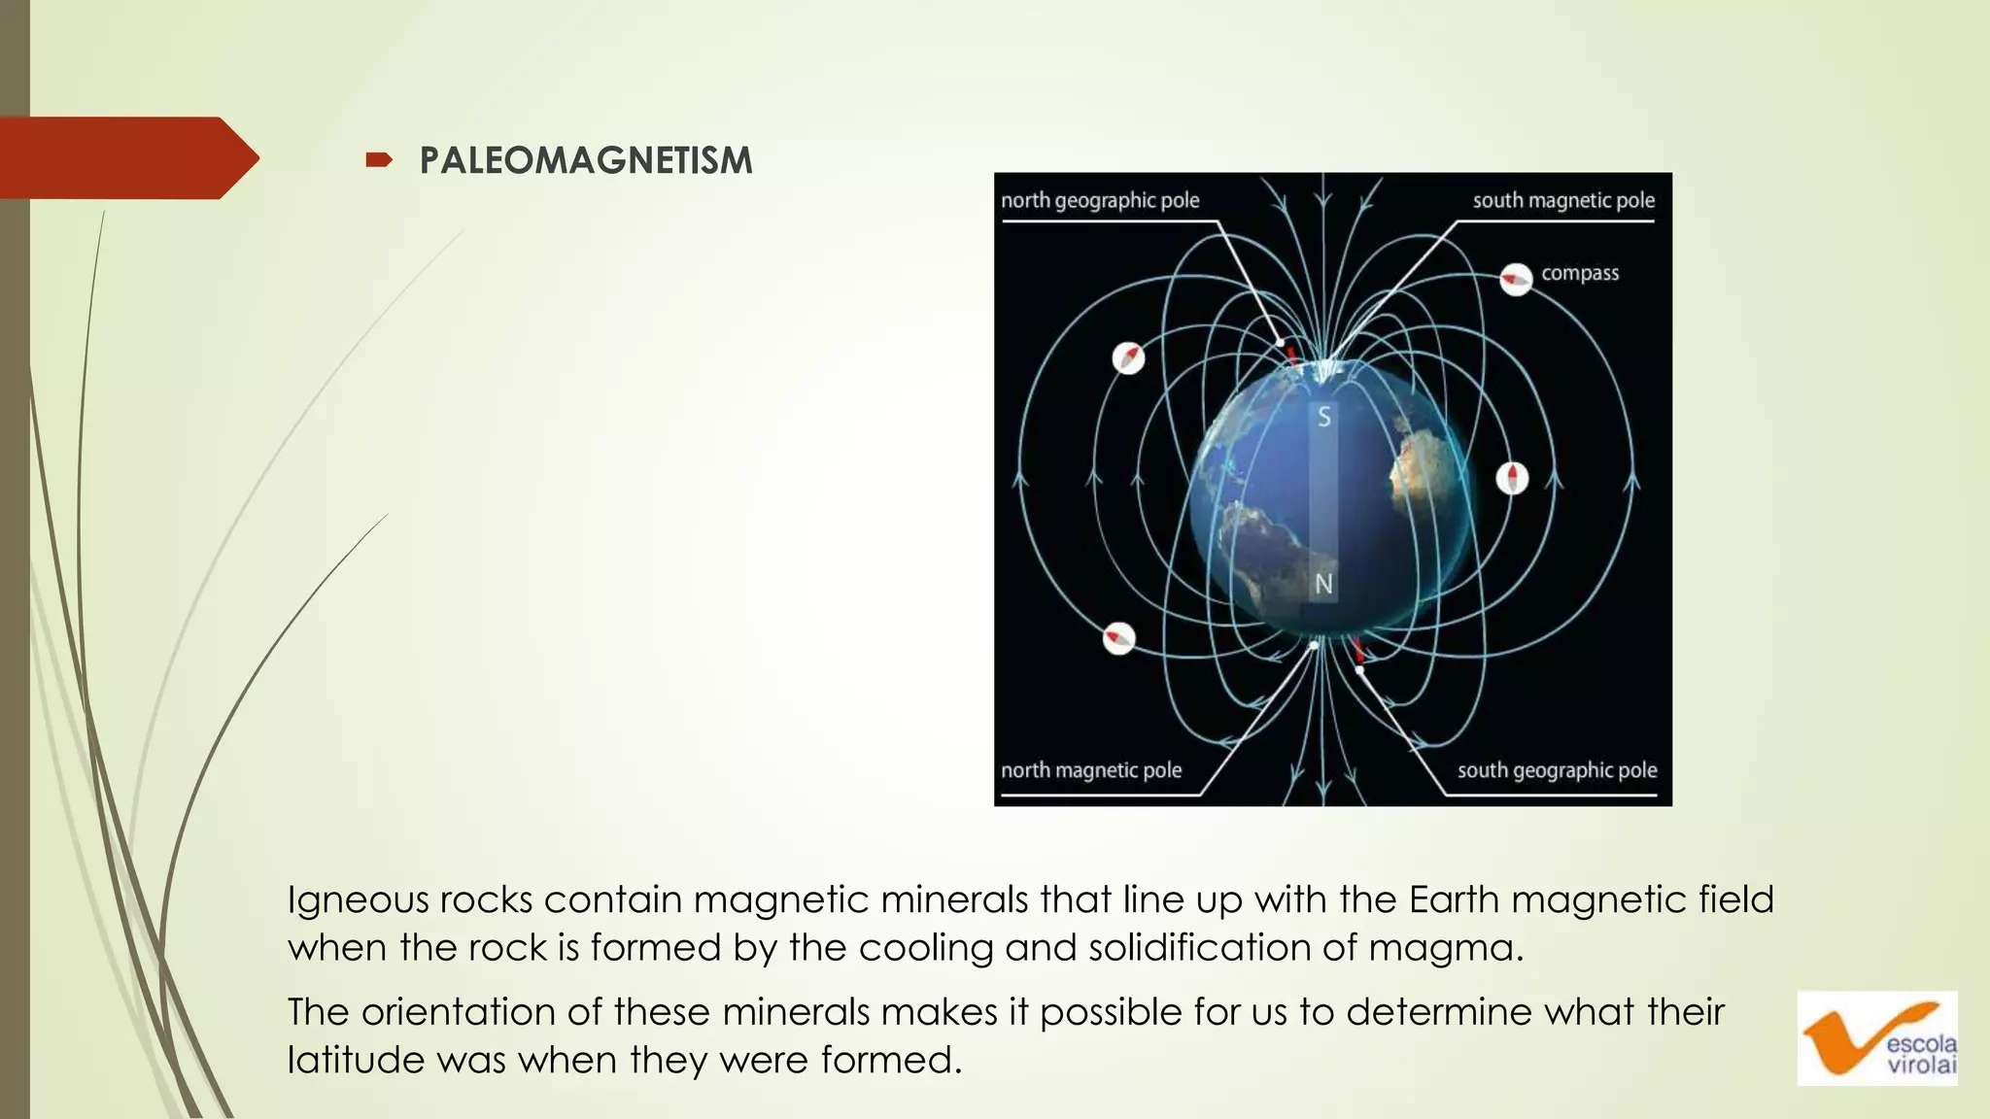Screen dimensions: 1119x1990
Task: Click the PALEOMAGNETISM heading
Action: coord(586,160)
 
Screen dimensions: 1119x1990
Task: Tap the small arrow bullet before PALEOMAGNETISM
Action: coord(378,160)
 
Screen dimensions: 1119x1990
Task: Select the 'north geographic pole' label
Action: coord(1100,200)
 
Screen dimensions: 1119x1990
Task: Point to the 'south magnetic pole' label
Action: coord(1562,200)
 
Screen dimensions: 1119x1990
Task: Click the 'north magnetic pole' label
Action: coord(1091,770)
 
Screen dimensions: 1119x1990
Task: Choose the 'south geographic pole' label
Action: coord(1557,770)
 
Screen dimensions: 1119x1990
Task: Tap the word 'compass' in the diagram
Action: coord(1580,273)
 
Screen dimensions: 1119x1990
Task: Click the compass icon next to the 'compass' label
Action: coord(1516,280)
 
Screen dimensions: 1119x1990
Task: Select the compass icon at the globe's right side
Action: coord(1512,478)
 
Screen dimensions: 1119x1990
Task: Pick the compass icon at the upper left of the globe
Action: coord(1128,358)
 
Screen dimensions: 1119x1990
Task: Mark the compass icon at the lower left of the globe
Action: coord(1119,638)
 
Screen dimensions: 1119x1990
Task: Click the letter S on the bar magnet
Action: coord(1323,418)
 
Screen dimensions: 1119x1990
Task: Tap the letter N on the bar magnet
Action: coord(1323,584)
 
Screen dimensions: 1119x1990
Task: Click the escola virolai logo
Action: coord(1877,1038)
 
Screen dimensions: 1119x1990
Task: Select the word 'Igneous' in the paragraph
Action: coord(358,900)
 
